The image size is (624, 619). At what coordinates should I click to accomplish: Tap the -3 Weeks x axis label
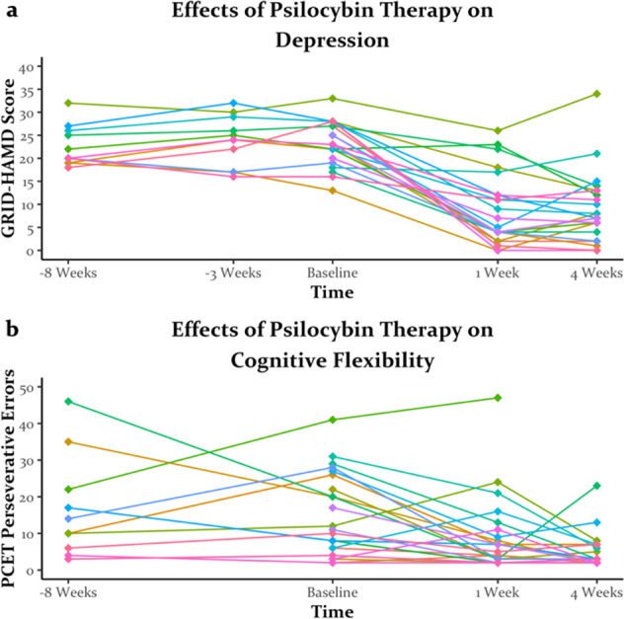231,271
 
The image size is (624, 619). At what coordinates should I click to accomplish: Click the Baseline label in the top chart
332,271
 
